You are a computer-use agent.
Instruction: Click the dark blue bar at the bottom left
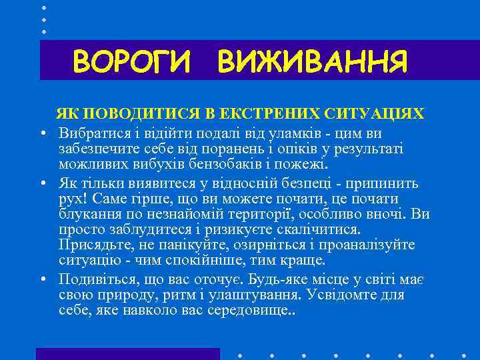click(x=127, y=353)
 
